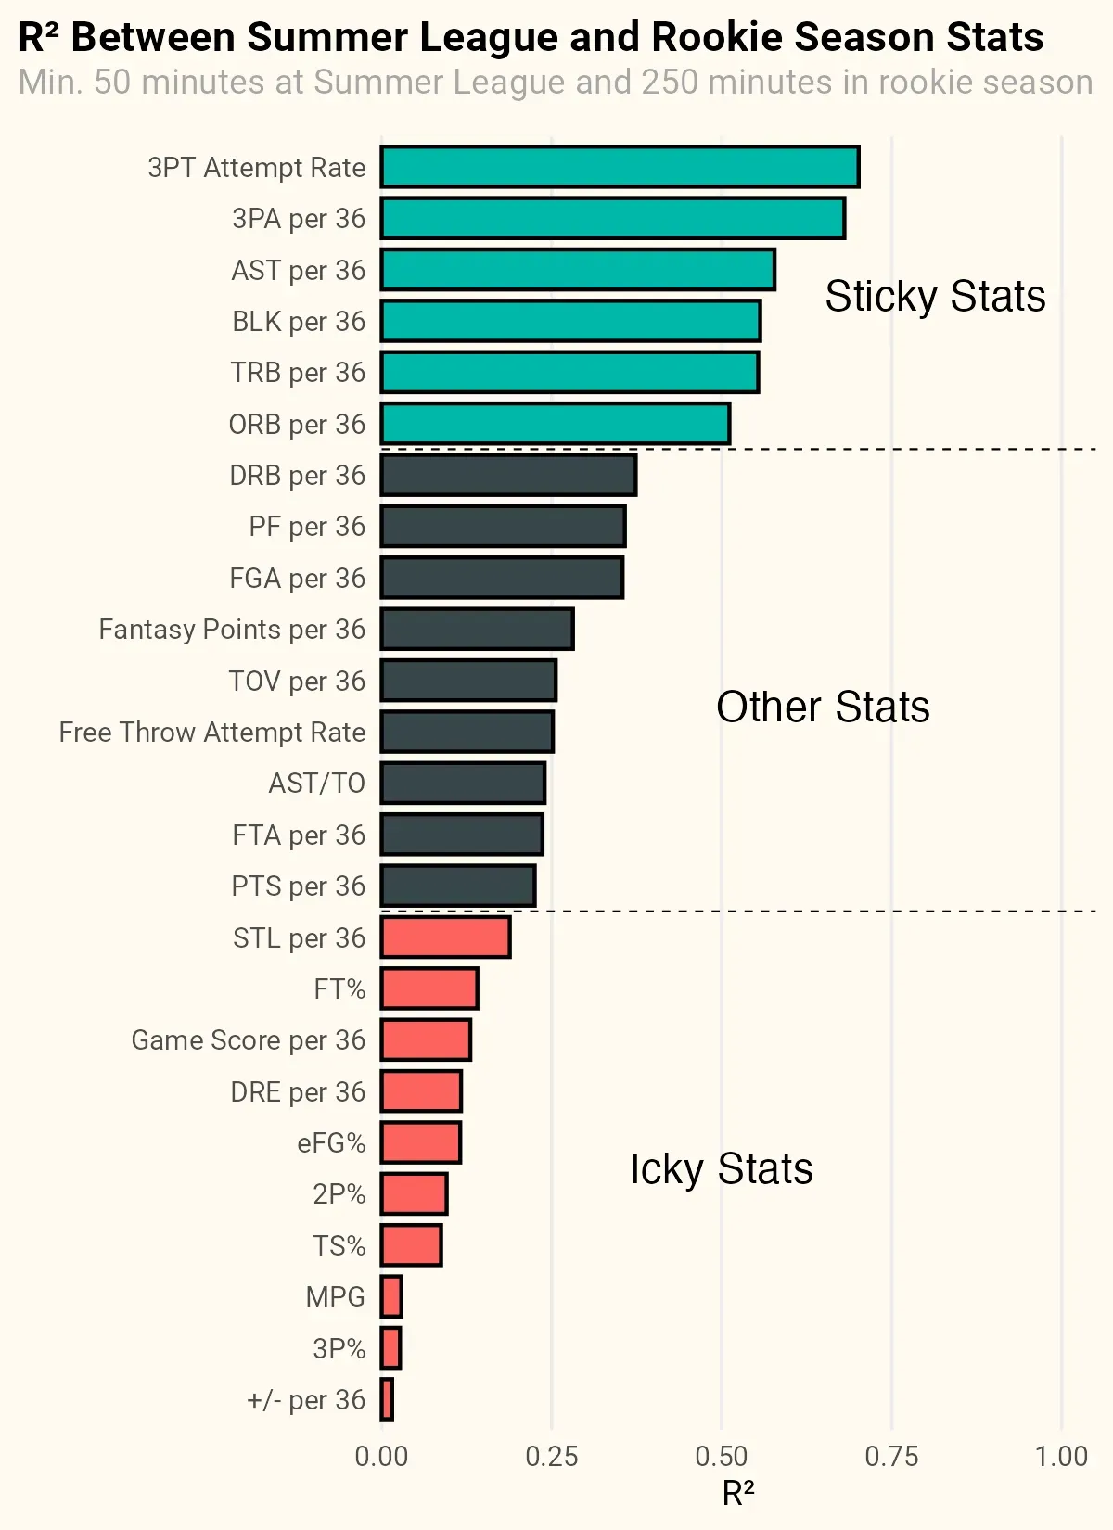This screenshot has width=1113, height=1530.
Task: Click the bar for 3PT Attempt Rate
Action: coord(620,167)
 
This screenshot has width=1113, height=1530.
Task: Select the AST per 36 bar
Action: coord(577,270)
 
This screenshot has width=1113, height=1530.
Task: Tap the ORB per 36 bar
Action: coord(555,424)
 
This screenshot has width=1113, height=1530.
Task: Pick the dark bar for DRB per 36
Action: coord(508,475)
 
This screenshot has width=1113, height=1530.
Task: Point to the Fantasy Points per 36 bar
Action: coord(477,629)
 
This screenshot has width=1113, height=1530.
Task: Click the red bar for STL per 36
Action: coord(445,937)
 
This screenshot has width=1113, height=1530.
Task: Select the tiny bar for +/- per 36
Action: coord(387,1399)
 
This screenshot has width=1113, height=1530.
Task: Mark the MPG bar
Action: coord(391,1296)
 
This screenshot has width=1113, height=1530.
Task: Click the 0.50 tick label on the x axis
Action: coord(721,1456)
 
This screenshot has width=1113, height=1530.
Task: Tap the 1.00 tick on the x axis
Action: coord(1061,1456)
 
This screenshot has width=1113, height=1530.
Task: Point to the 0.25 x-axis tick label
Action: coord(551,1456)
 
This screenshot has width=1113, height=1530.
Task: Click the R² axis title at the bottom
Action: coord(737,1494)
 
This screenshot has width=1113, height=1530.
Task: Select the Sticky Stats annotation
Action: coord(935,297)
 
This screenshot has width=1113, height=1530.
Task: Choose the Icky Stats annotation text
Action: coord(721,1168)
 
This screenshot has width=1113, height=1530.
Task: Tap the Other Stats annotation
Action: coord(823,708)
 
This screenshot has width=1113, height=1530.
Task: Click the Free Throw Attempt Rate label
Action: coord(212,733)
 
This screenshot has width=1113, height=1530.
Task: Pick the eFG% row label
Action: coord(331,1143)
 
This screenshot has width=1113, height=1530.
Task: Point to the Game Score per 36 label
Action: coord(249,1040)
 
